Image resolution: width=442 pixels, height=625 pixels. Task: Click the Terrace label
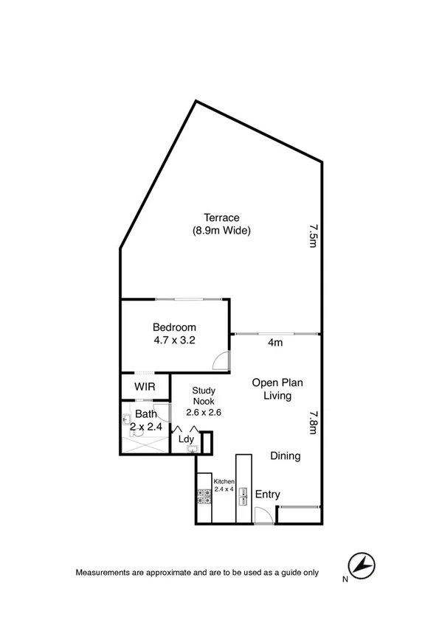221,217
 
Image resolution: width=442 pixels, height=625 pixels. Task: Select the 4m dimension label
276,342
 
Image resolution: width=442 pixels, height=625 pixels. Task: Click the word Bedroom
174,327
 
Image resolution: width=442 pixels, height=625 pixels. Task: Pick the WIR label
144,387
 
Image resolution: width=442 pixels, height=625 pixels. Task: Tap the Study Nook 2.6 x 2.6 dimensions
203,413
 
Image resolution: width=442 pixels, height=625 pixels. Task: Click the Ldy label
187,440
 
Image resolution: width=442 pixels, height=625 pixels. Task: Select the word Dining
285,456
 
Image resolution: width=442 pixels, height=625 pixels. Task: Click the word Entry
267,495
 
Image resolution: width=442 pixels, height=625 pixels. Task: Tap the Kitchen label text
224,481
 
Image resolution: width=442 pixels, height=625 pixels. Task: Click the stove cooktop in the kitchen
204,499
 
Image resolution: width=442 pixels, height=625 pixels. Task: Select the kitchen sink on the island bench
243,499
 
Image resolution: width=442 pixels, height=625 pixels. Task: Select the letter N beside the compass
344,579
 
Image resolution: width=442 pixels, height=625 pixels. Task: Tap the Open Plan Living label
277,389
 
